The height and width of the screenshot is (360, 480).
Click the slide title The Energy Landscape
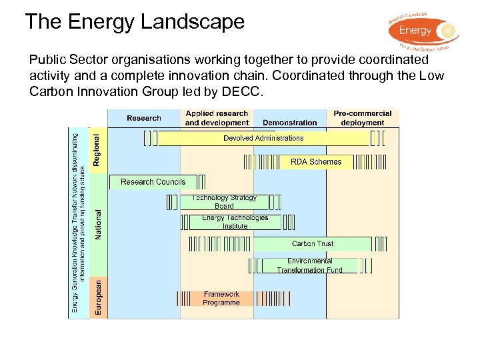135,22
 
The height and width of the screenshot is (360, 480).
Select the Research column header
144,118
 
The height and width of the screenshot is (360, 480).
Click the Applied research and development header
217,118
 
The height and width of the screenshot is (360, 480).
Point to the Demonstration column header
289,123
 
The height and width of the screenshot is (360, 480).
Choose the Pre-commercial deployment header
363,118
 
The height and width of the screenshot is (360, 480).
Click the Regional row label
97,150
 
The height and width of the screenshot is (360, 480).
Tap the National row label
98,225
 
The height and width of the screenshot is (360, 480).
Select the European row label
98,297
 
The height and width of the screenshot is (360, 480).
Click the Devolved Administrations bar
263,138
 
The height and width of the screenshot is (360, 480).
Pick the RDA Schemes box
315,161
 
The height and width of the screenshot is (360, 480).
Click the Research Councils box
153,181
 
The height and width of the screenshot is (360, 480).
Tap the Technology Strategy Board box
224,202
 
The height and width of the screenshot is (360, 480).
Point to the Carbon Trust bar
313,244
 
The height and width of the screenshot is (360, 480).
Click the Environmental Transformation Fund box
309,265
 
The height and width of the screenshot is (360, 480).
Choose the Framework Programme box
221,298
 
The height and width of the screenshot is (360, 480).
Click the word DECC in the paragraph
245,91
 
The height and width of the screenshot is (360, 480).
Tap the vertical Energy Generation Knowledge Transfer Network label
79,220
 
